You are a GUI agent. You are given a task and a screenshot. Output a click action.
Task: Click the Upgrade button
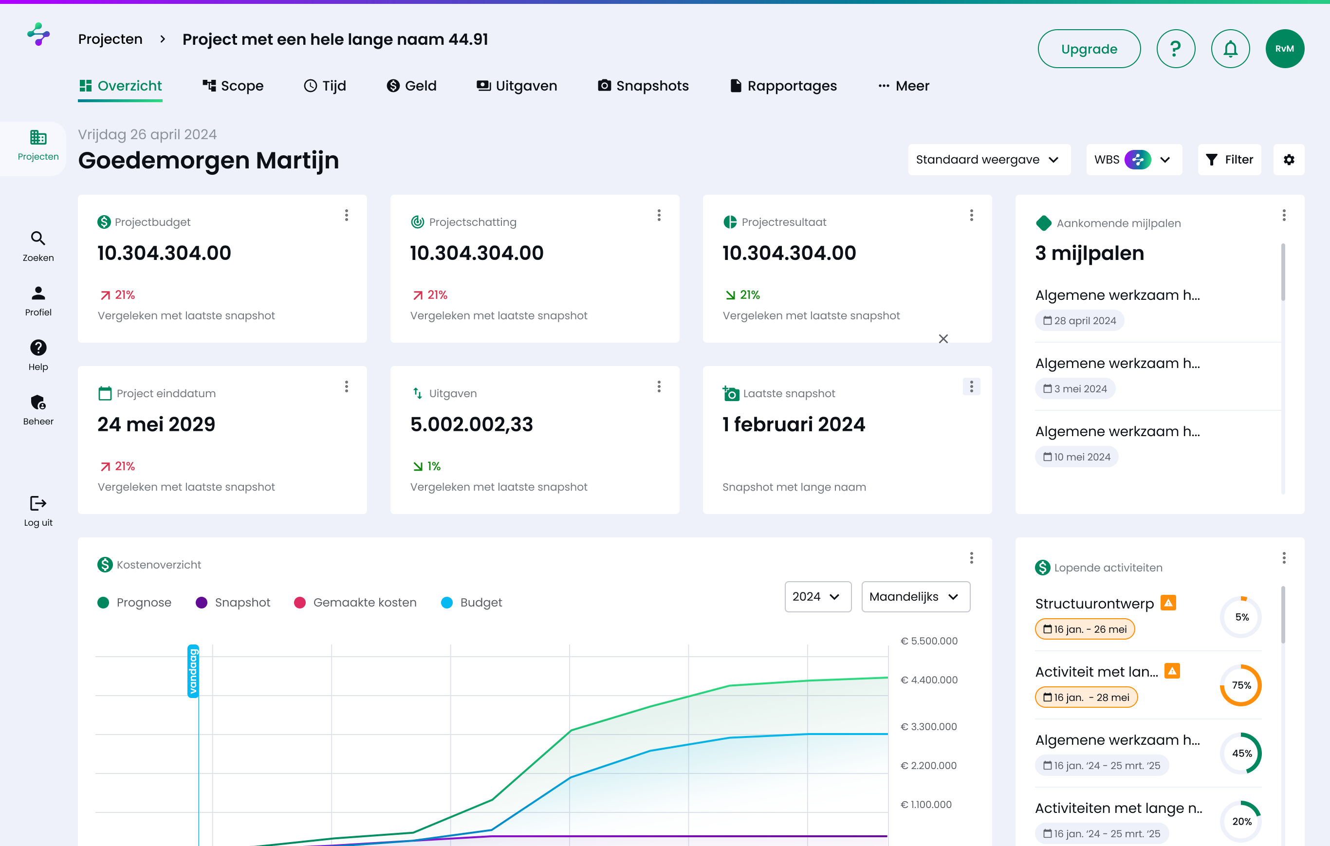(x=1089, y=49)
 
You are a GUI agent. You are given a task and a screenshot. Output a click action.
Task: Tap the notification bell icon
(x=1230, y=49)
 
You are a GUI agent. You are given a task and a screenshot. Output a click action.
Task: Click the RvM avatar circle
(x=1284, y=49)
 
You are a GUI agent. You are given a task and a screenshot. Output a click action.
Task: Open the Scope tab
(x=233, y=86)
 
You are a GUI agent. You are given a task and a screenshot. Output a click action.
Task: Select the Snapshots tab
(x=643, y=86)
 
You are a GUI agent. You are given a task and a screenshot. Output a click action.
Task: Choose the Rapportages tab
(x=783, y=86)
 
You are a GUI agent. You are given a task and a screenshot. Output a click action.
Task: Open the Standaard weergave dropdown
(x=989, y=160)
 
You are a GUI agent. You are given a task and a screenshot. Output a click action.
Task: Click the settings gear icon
(x=1289, y=160)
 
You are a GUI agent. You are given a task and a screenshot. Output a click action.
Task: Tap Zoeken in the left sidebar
(x=38, y=246)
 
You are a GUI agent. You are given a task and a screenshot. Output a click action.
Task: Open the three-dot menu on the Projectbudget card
(x=346, y=215)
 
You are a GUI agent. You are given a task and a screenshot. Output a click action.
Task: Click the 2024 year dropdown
(x=817, y=597)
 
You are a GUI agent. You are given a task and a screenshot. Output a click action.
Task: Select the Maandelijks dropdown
(x=915, y=597)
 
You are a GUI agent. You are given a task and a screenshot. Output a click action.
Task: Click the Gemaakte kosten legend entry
(x=356, y=603)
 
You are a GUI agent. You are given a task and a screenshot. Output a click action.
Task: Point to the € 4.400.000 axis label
(x=929, y=680)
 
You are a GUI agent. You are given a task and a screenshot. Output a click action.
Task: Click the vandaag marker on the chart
(x=193, y=671)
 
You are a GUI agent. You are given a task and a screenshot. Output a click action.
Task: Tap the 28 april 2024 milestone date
(x=1079, y=321)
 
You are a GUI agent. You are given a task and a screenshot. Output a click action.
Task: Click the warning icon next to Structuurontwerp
(x=1168, y=603)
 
